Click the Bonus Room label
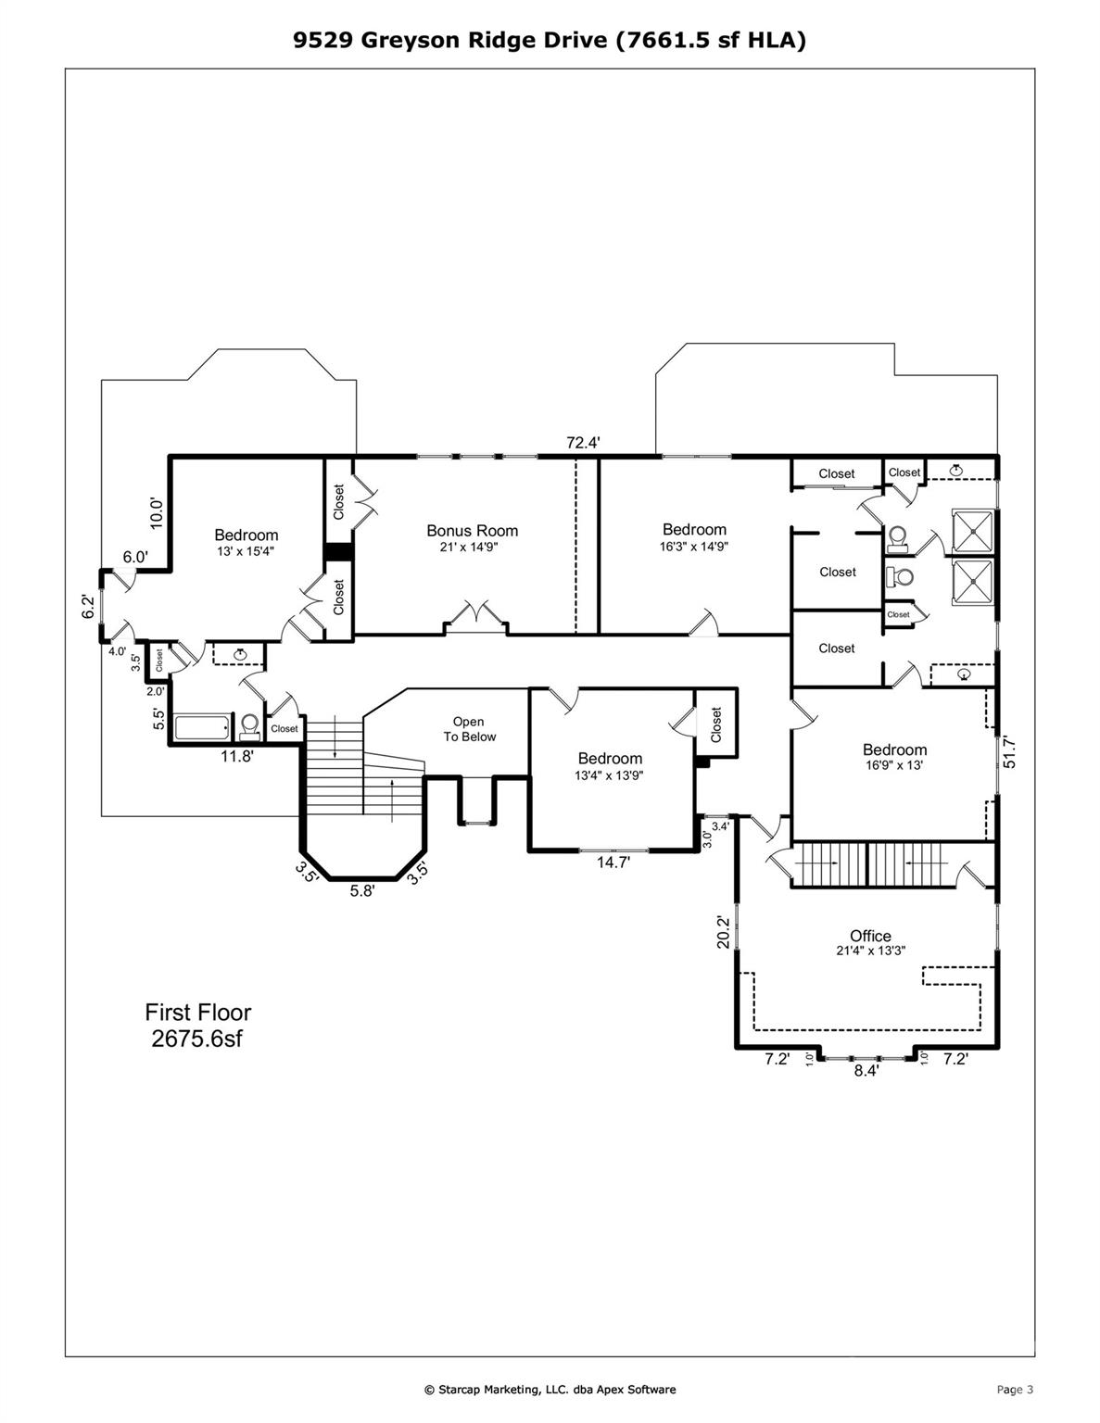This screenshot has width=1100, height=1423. pos(472,531)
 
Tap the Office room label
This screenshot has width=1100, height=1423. pos(870,936)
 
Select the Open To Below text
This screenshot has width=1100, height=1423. pos(468,729)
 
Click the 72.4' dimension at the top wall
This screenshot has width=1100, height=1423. pos(583,443)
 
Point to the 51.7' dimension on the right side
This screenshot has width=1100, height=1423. pos(1010,751)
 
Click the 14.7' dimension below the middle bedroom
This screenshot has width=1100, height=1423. pos(613,863)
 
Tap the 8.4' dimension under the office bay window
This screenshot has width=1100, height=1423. pos(866,1070)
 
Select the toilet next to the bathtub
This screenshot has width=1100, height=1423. pos(248,725)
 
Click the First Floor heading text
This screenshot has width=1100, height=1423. pos(197,1013)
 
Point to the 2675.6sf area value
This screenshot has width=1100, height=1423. pos(196,1039)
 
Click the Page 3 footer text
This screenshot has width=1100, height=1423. pos(1014,1389)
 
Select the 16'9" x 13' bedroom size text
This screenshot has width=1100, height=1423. pos(893,766)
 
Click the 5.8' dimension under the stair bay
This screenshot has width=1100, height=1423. pos(362,891)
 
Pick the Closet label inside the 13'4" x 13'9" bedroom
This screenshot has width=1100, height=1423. pos(715,724)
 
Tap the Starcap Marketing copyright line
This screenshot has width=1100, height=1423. pos(550,1389)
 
